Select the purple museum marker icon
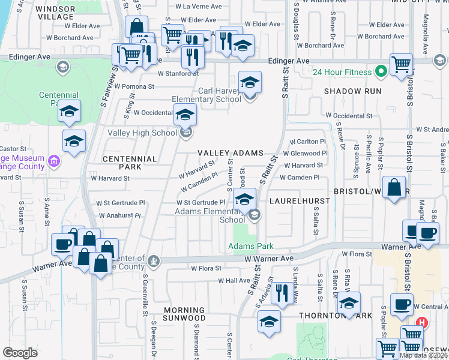point(54,161)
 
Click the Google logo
point(20,352)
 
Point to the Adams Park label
point(250,246)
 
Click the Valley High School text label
point(142,133)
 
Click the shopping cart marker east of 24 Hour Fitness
point(401,64)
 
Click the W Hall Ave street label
point(234,280)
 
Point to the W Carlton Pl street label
point(308,142)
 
